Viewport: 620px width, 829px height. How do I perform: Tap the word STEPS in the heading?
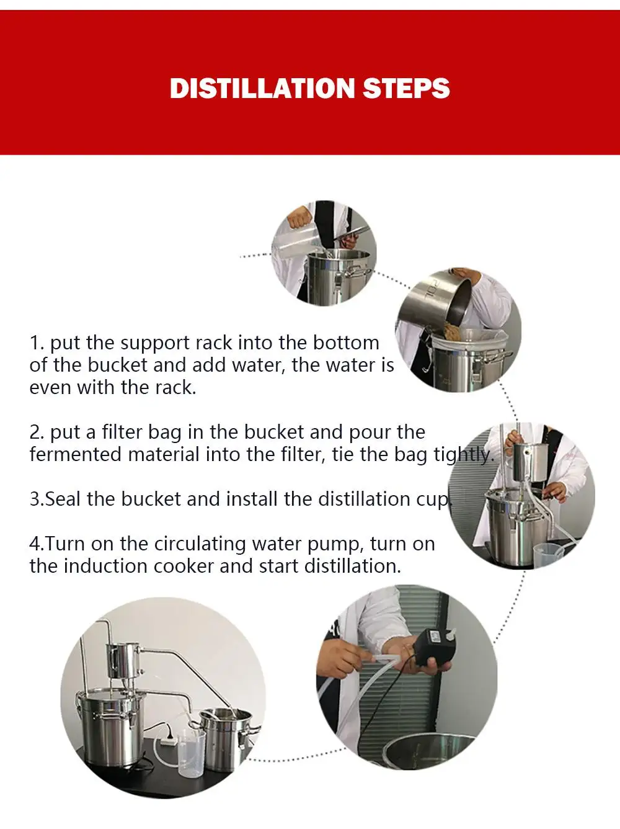tap(407, 88)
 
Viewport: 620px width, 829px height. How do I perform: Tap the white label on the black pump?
tap(438, 637)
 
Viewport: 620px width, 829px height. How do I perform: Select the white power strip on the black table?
tap(168, 742)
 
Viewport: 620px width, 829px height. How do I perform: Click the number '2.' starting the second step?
tap(36, 432)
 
